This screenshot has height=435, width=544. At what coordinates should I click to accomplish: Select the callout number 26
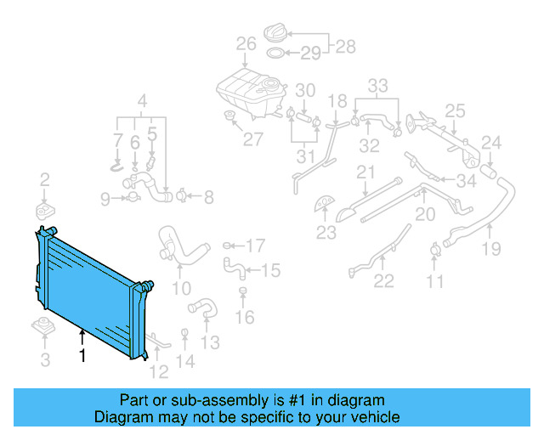click(246, 44)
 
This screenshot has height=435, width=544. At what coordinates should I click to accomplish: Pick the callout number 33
click(377, 86)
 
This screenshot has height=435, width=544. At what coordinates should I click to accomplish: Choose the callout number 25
click(456, 110)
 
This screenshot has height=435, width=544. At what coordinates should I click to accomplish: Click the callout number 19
click(491, 249)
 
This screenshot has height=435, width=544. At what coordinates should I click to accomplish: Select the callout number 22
click(384, 281)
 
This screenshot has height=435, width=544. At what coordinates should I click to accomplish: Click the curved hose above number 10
click(179, 246)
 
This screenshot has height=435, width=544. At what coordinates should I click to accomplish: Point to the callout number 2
click(45, 179)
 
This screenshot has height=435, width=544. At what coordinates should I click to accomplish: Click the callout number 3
click(45, 360)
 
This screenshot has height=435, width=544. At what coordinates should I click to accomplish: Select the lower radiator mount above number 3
click(43, 327)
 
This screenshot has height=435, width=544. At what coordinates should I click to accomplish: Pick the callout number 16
click(244, 318)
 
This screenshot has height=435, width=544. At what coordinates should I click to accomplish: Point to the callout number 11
click(435, 281)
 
